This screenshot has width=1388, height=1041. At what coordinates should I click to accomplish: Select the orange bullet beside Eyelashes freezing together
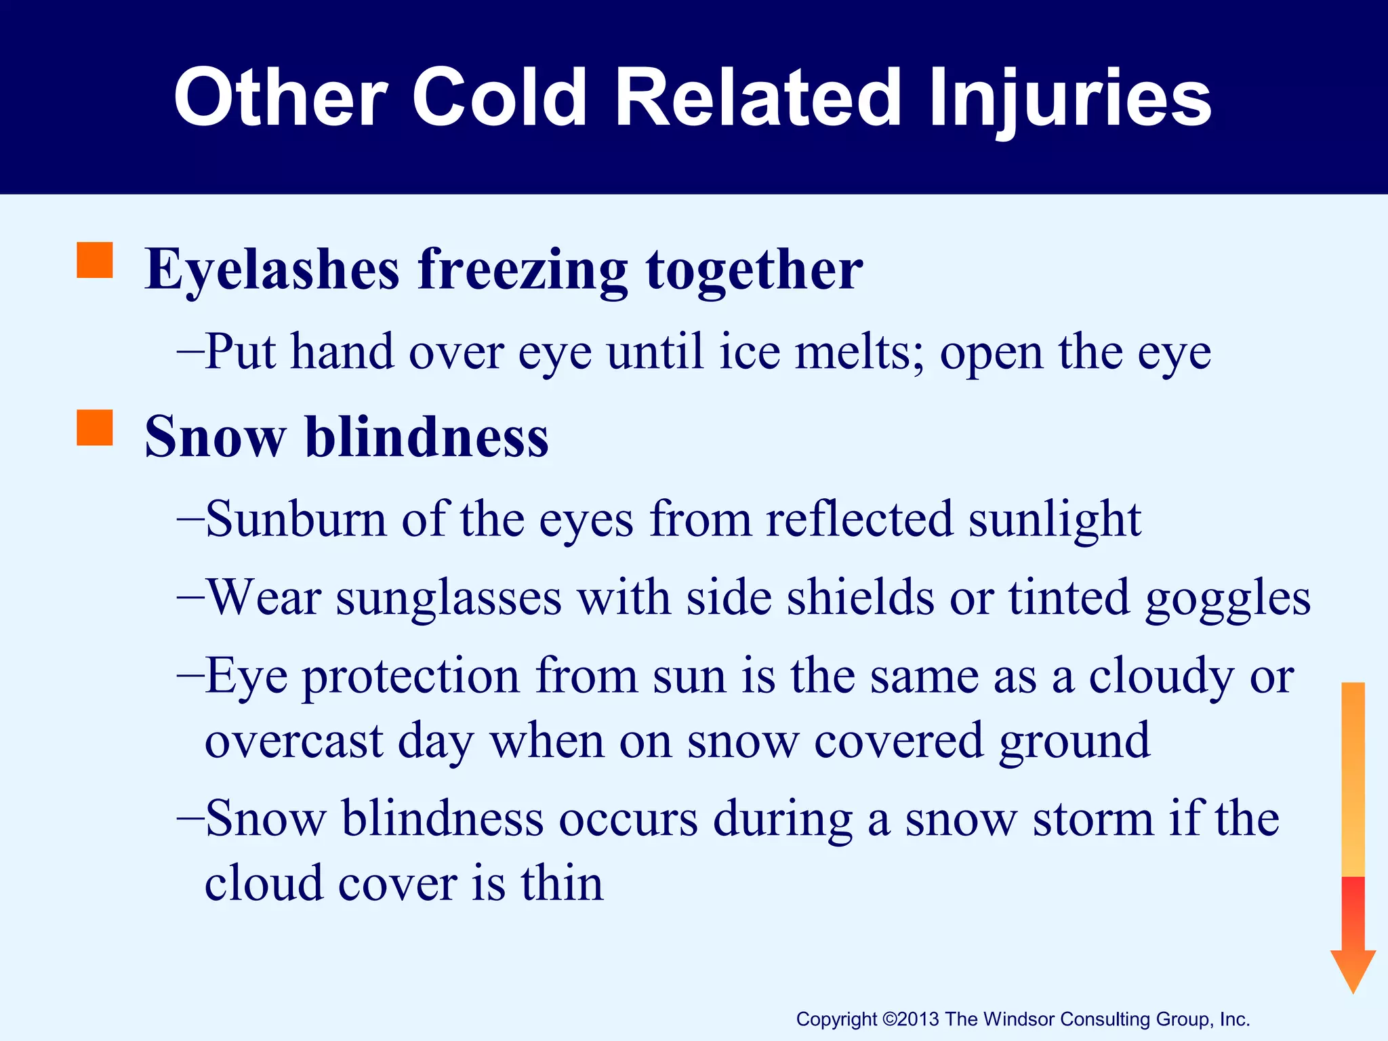click(x=95, y=260)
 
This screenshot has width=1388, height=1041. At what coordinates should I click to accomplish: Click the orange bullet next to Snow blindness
click(x=95, y=428)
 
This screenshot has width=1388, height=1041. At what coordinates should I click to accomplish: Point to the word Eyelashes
click(x=272, y=270)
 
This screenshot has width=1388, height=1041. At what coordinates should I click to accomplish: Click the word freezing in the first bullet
click(x=522, y=270)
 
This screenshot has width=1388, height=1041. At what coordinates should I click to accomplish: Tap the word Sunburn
click(x=296, y=519)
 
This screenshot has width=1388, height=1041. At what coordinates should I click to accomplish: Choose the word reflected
click(x=859, y=519)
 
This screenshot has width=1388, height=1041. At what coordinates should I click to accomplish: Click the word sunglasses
click(x=449, y=598)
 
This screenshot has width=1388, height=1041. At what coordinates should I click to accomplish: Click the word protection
click(x=411, y=677)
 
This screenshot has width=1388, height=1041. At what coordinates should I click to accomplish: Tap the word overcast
click(x=294, y=741)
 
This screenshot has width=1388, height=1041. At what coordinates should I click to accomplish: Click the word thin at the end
click(x=562, y=884)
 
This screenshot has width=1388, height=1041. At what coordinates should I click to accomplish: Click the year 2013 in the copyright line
click(x=920, y=1019)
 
